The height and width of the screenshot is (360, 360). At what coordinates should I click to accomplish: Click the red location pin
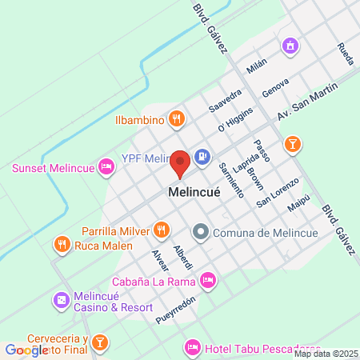(180, 163)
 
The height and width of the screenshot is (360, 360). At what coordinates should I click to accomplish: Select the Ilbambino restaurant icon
(178, 121)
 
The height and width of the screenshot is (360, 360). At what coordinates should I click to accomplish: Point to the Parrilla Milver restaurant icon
(162, 231)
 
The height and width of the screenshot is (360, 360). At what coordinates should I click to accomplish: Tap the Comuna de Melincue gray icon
(200, 233)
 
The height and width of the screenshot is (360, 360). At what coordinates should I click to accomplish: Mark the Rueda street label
(344, 54)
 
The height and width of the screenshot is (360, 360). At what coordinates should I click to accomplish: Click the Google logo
(26, 350)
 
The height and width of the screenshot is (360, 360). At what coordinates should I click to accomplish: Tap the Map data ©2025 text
(326, 354)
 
